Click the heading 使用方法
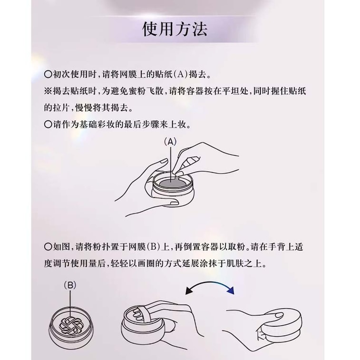click(x=175, y=29)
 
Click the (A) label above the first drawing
click(x=170, y=141)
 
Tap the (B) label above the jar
click(x=70, y=285)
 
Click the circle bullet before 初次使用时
click(x=47, y=75)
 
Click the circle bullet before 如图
click(x=47, y=246)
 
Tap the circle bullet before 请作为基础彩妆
click(x=47, y=125)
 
